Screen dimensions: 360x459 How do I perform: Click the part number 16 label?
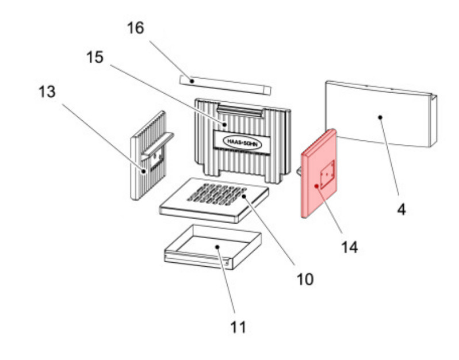(136, 28)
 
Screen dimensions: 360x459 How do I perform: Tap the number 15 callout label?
(95, 58)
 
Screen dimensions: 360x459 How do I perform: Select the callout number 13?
(48, 91)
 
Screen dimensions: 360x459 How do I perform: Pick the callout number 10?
(305, 279)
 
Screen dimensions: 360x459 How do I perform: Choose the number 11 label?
(238, 327)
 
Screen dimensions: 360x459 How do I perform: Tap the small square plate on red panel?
(327, 175)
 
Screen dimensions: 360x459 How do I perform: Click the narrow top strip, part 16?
(224, 85)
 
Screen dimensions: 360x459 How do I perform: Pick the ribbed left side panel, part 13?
(144, 173)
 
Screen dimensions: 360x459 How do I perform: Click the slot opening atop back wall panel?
(242, 110)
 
